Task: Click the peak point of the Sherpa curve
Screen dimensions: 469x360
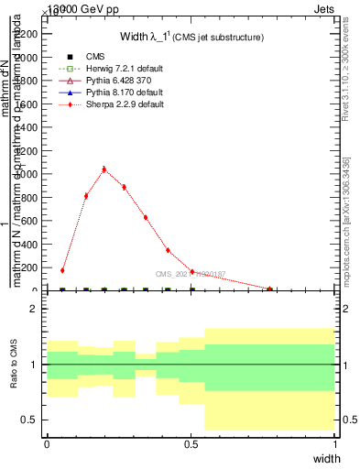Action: (104, 169)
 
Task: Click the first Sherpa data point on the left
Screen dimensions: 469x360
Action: (62, 270)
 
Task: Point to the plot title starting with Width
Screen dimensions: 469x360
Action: (192, 38)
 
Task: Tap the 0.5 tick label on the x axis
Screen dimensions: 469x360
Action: (191, 443)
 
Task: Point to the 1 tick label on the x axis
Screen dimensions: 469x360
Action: (334, 443)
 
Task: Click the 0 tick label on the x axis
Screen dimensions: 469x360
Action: (47, 443)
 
